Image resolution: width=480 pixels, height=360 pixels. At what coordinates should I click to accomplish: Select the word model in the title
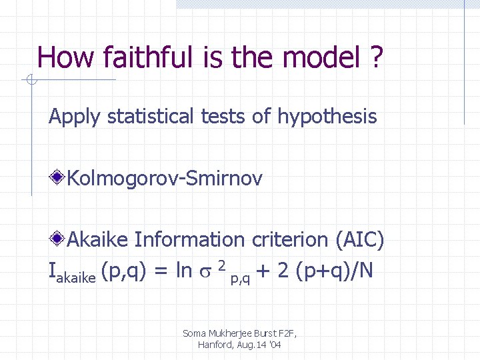coord(317,58)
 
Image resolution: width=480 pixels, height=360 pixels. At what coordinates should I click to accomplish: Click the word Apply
coord(74,117)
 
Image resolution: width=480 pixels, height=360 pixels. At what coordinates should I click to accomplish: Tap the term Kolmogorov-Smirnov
coord(165,178)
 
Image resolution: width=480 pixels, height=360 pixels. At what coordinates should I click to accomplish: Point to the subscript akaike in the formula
coord(77,275)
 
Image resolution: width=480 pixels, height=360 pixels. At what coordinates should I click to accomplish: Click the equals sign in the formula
coord(160,271)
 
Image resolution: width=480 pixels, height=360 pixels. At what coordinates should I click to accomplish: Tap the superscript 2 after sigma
coord(221,265)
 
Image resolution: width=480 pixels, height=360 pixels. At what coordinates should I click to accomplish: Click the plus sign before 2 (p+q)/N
coord(263,271)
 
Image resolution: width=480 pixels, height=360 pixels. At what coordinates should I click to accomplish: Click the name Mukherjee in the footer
coord(231,333)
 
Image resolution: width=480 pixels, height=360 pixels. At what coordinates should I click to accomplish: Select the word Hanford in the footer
coord(214,345)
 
